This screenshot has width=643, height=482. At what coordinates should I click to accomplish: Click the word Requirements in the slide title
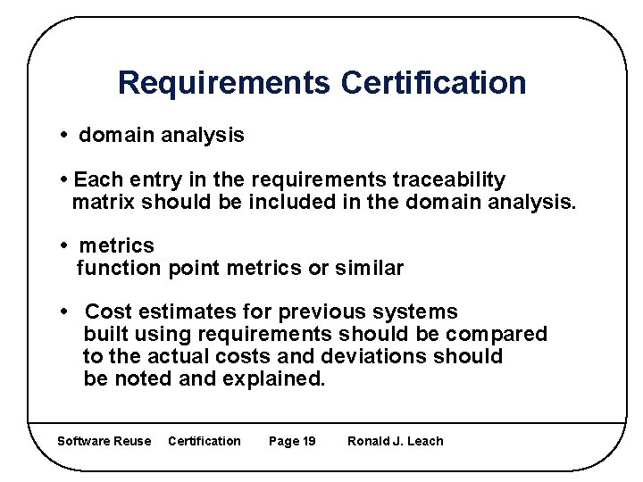pyautogui.click(x=223, y=83)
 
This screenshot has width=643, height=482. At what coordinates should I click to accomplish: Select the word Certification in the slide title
pyautogui.click(x=433, y=83)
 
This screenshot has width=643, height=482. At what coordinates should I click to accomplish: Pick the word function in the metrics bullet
pyautogui.click(x=118, y=268)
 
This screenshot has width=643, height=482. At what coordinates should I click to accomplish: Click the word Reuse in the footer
pyautogui.click(x=133, y=441)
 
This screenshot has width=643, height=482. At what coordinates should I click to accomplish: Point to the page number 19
pyautogui.click(x=307, y=441)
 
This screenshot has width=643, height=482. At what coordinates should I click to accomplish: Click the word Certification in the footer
pyautogui.click(x=205, y=441)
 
